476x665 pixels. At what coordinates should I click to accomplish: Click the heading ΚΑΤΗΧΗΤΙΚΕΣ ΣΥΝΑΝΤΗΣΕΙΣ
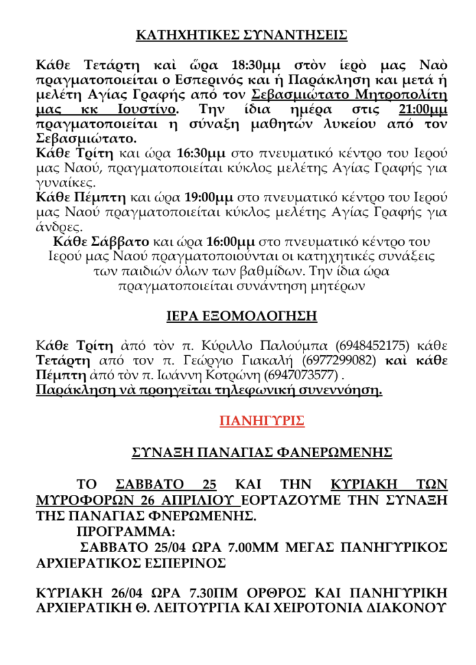pyautogui.click(x=241, y=36)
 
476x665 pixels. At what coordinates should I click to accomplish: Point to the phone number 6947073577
pyautogui.click(x=304, y=375)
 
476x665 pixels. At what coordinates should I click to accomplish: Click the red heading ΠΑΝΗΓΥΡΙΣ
pyautogui.click(x=262, y=421)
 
